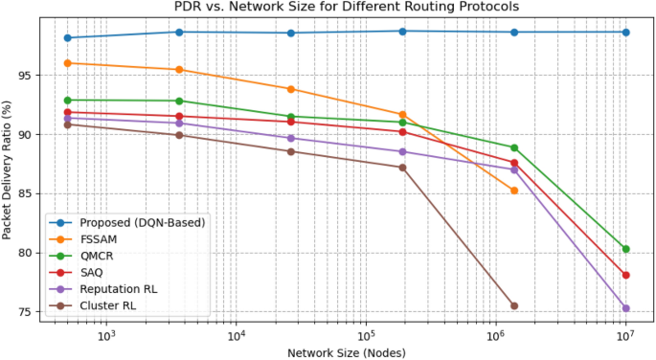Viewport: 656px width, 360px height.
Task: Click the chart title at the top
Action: [x=346, y=7]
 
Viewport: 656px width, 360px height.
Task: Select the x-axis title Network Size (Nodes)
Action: [x=346, y=352]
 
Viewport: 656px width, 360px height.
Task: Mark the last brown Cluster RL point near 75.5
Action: [x=514, y=306]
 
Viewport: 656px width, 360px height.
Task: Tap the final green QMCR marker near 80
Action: [x=625, y=249]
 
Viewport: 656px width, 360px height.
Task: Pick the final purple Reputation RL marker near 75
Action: [x=625, y=308]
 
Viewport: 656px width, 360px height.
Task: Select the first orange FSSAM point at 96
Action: [x=67, y=63]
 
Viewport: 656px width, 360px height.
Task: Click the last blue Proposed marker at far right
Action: [x=625, y=33]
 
